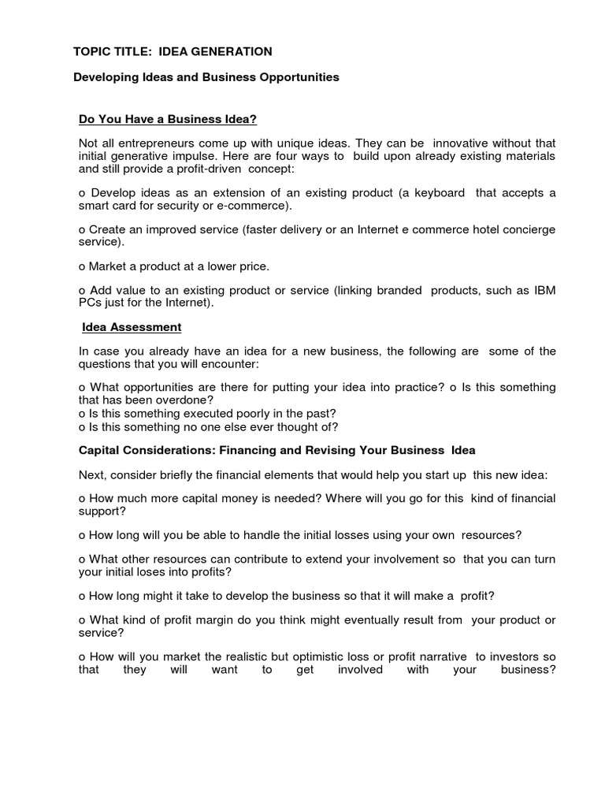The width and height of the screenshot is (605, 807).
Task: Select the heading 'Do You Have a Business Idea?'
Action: click(169, 119)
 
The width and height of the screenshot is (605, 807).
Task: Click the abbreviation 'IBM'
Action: click(544, 290)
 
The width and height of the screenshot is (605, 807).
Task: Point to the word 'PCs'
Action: click(91, 303)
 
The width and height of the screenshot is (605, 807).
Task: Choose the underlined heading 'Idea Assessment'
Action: click(132, 326)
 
